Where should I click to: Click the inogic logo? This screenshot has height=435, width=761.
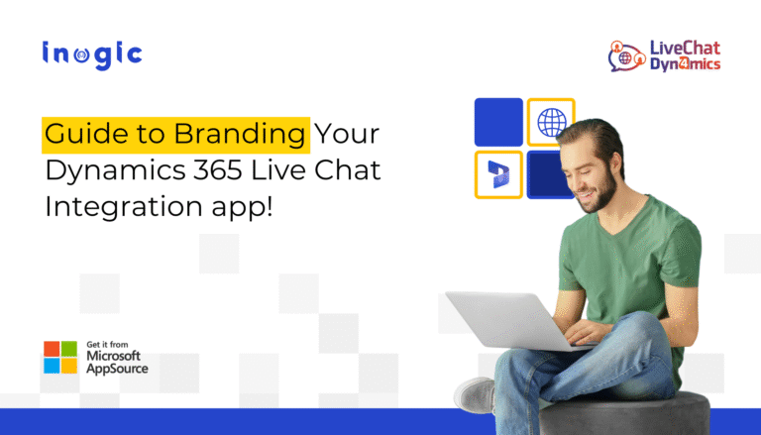click(92, 54)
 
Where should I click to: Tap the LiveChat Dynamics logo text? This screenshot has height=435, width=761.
click(686, 55)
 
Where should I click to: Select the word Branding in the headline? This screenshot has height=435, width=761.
click(239, 135)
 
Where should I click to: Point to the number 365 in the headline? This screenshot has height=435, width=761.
click(217, 169)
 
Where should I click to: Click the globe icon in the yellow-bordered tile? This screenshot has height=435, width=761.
click(552, 122)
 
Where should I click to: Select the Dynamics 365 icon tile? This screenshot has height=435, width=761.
click(498, 174)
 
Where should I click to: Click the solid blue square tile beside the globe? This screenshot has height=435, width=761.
click(498, 122)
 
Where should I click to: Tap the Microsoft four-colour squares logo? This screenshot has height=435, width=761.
click(60, 358)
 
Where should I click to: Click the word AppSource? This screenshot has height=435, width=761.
click(117, 369)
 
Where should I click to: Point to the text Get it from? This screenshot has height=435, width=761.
click(107, 344)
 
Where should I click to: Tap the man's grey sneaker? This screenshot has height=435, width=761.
click(475, 394)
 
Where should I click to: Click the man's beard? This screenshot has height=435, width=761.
click(600, 193)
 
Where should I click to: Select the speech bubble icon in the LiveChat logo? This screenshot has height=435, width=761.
click(626, 57)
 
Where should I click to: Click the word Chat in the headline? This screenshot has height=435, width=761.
click(348, 169)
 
